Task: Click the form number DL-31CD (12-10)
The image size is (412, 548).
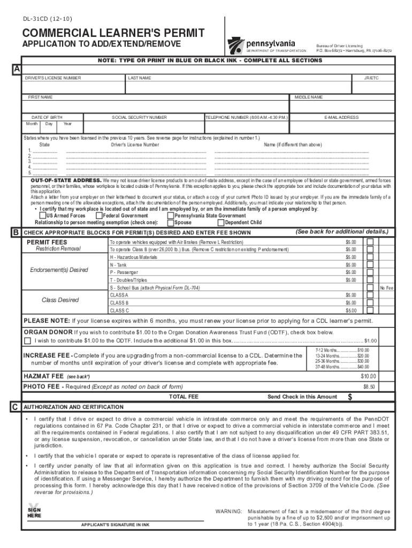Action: point(44,18)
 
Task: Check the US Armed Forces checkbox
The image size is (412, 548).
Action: point(43,216)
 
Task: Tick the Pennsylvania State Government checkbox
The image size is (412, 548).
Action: point(171,216)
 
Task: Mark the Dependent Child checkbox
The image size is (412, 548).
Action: point(222,223)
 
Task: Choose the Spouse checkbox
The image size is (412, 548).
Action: point(171,223)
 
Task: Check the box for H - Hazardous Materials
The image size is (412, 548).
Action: point(370,257)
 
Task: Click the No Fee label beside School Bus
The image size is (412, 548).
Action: point(386,288)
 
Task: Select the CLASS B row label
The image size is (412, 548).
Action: point(119,303)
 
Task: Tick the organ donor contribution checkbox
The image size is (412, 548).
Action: point(27,340)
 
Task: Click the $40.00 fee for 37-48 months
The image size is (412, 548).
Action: point(363,367)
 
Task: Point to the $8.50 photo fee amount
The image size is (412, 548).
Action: point(369,386)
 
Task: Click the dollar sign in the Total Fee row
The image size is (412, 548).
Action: point(350,397)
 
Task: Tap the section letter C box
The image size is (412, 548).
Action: point(17,407)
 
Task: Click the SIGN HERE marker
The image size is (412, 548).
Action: point(34,512)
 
